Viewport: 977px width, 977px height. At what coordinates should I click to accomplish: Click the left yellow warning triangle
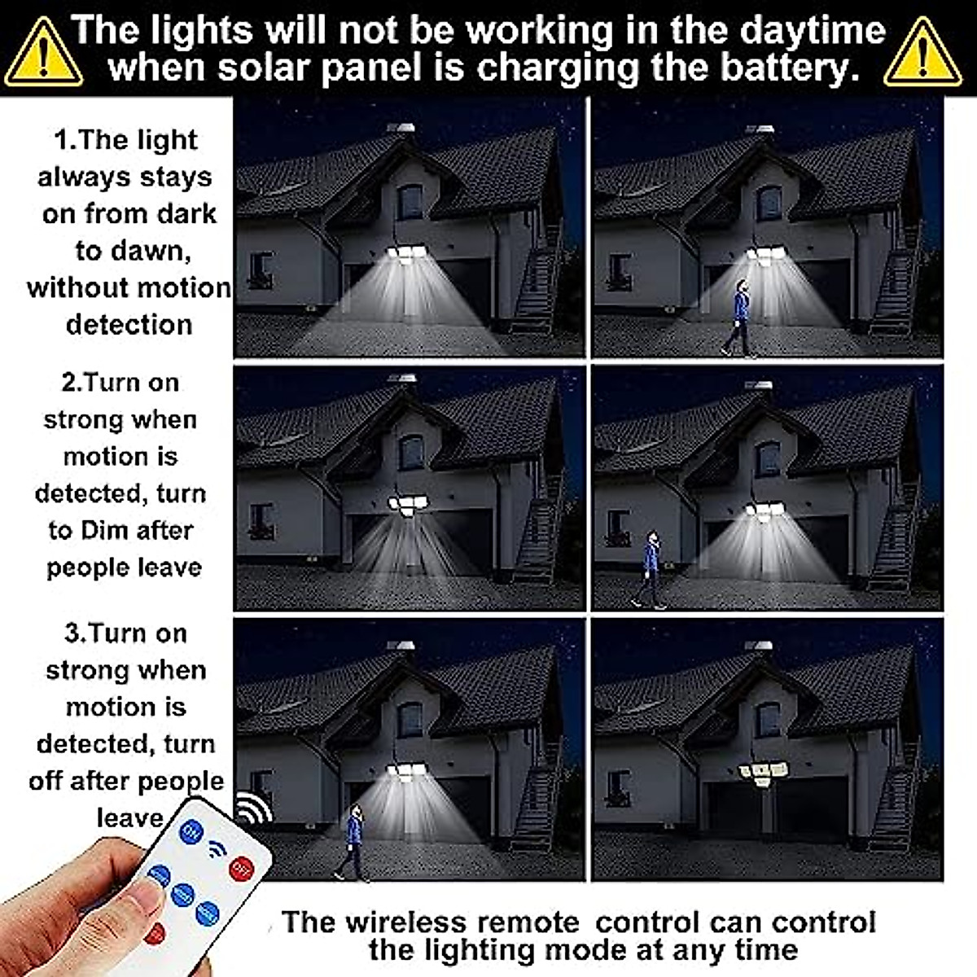tap(43, 54)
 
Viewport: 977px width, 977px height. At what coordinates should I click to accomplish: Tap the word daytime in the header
tap(803, 31)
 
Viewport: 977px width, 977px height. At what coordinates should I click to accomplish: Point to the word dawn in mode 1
tap(154, 251)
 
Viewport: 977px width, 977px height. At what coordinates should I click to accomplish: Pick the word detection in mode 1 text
tap(129, 325)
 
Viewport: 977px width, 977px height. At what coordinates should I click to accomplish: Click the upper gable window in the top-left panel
tap(410, 202)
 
